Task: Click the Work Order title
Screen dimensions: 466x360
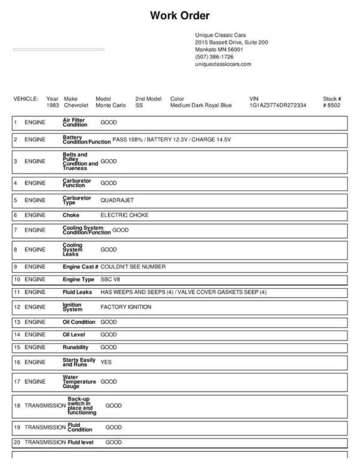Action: tap(179, 16)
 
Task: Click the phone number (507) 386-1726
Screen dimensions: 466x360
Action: tap(214, 56)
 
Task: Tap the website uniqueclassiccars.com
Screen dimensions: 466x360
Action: tap(223, 64)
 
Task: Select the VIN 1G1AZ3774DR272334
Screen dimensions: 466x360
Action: tap(278, 105)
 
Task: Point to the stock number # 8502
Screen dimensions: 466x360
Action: tap(332, 105)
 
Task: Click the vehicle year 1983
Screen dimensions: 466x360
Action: tap(53, 105)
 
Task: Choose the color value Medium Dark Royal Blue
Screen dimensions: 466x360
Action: tap(200, 105)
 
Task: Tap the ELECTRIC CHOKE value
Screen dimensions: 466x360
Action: tap(124, 215)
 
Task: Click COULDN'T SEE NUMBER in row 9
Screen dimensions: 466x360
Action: tap(133, 267)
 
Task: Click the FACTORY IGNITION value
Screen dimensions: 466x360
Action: tap(125, 307)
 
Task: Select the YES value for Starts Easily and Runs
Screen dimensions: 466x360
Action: tap(106, 362)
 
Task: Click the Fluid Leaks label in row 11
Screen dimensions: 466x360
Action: tap(77, 292)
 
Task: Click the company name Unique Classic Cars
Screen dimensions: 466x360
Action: tap(220, 35)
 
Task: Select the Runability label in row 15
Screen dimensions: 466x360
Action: tap(76, 347)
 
